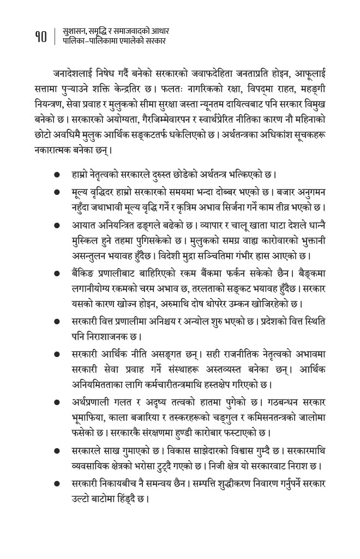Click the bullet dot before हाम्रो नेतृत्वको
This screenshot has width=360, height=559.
point(57,176)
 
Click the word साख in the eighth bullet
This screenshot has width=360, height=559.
point(122,452)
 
